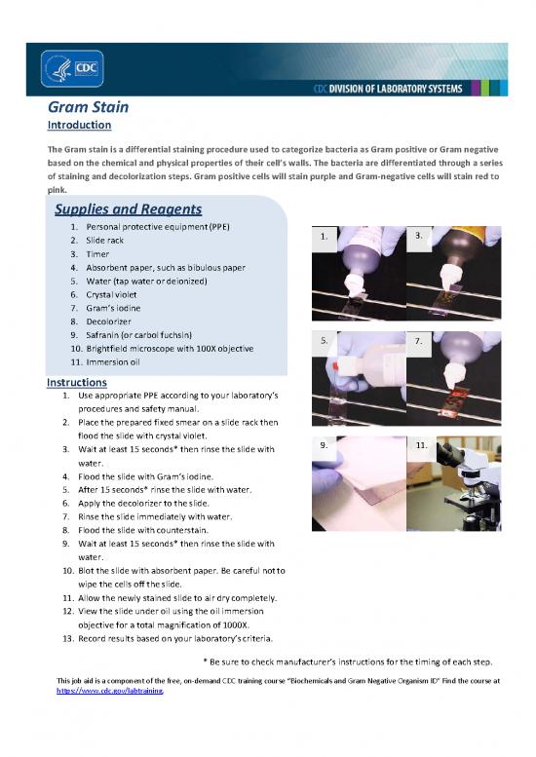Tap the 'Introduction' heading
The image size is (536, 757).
pyautogui.click(x=79, y=125)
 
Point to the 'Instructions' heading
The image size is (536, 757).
pyautogui.click(x=77, y=383)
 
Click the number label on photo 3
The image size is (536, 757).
pyautogui.click(x=418, y=236)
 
